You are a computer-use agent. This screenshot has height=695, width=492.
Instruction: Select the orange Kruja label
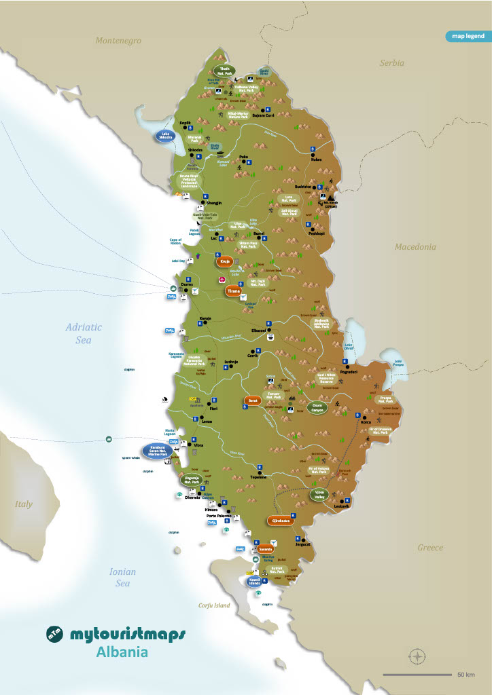[x=224, y=261]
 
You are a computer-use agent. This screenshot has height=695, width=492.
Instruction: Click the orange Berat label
[x=252, y=401]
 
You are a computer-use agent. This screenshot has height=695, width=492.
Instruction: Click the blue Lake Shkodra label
[x=165, y=135]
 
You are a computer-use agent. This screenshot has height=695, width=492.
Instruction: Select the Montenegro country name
[x=118, y=41]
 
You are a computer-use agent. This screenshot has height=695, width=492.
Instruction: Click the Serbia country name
[x=391, y=63]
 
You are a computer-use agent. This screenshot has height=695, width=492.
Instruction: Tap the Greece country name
[x=429, y=548]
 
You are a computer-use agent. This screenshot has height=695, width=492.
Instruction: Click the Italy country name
[x=24, y=504]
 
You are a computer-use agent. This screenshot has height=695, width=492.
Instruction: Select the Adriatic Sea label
[x=84, y=333]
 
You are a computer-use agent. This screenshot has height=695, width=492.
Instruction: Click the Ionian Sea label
[x=122, y=577]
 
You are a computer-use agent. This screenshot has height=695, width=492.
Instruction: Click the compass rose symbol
[x=417, y=656]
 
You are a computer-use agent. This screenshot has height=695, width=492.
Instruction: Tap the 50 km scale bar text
[x=465, y=675]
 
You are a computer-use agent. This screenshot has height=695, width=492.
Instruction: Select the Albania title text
[x=120, y=653]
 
